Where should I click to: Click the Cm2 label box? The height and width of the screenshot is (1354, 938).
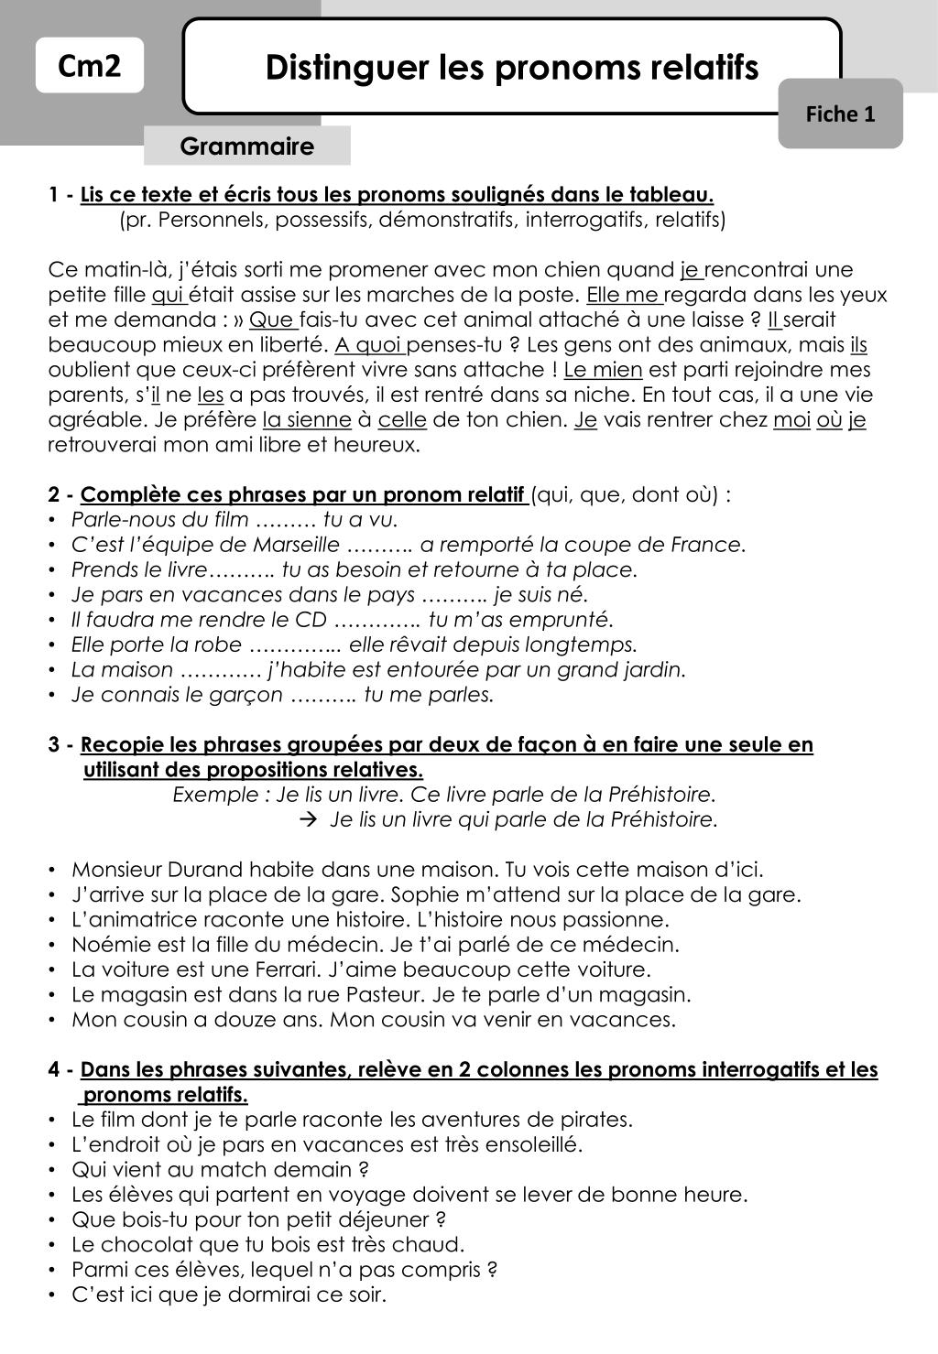click(90, 66)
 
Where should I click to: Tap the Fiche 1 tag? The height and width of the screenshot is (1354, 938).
click(840, 114)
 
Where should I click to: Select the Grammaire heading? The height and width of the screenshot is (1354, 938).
click(246, 146)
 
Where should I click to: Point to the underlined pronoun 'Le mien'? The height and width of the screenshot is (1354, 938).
click(603, 370)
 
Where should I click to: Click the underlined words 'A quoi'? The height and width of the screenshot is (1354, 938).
click(370, 345)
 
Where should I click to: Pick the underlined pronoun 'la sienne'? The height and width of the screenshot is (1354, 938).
click(306, 420)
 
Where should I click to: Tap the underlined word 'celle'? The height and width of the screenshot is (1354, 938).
click(402, 420)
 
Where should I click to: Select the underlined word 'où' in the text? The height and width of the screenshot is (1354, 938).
click(829, 420)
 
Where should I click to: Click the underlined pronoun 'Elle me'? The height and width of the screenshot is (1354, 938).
click(624, 295)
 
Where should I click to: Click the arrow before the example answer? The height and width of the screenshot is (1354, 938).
click(309, 819)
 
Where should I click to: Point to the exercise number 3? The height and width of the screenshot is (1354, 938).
click(54, 745)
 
